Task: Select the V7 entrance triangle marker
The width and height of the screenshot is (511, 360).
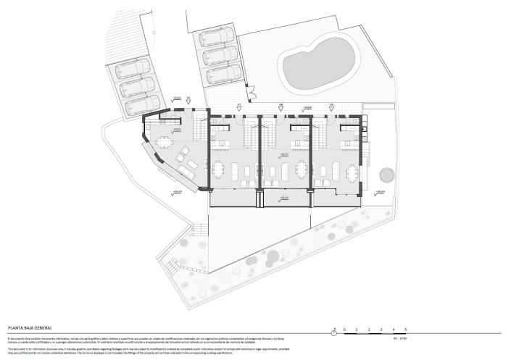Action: pyautogui.click(x=238, y=108)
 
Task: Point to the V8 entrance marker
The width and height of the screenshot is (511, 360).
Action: pyautogui.click(x=280, y=108)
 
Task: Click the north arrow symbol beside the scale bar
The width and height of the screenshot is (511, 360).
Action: pyautogui.click(x=333, y=330)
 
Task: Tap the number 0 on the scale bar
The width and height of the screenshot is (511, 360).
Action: pyautogui.click(x=346, y=330)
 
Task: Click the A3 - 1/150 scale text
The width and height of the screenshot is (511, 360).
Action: pyautogui.click(x=403, y=338)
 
